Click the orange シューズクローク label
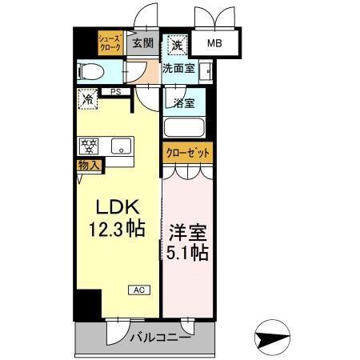click(110, 43)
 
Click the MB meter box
click(215, 45)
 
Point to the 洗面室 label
click(178, 69)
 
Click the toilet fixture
click(89, 72)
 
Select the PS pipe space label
click(116, 92)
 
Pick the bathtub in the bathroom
click(183, 127)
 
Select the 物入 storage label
click(89, 166)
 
